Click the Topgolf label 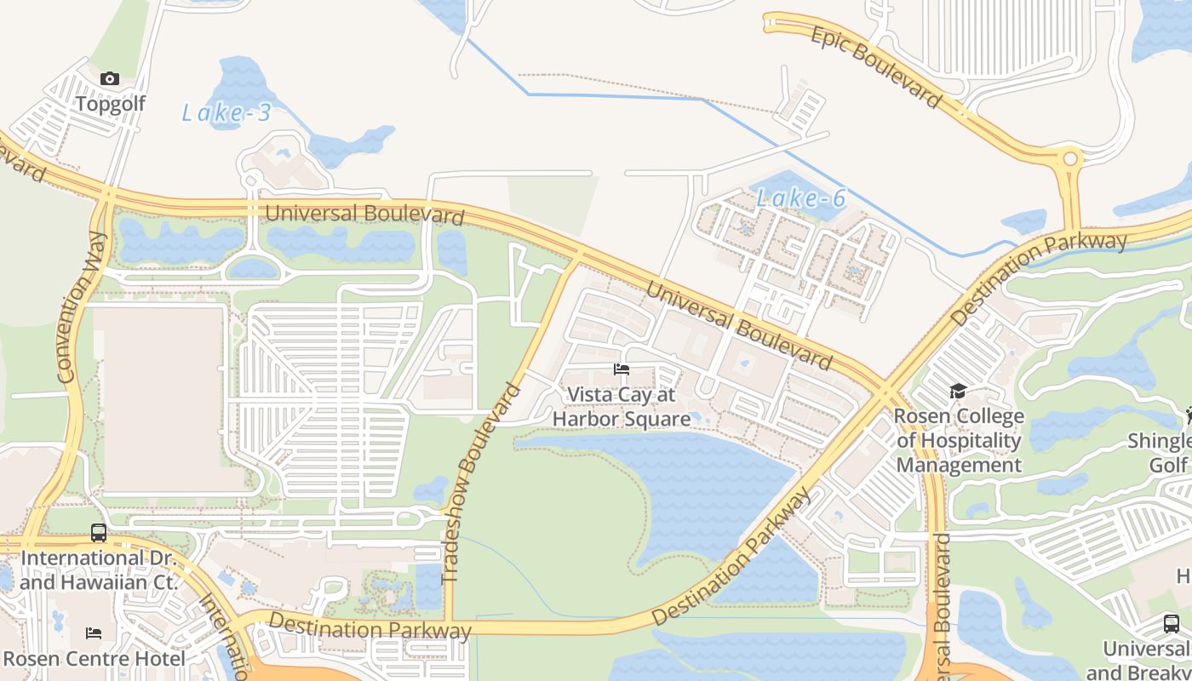tap(110, 104)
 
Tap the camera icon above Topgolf tap(110, 79)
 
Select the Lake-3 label tap(226, 112)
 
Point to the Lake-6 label tap(800, 199)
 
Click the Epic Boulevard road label tap(876, 67)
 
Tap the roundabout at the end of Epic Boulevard tap(1070, 158)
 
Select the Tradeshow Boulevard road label tap(481, 483)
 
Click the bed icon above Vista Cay tap(622, 369)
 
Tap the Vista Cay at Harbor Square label tap(622, 407)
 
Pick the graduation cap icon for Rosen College tap(958, 392)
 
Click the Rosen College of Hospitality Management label tap(959, 441)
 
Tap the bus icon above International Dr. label tap(99, 533)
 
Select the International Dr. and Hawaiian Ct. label tap(99, 570)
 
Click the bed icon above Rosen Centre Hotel tap(94, 633)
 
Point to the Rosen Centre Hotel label tap(94, 659)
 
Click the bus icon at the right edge tap(1172, 623)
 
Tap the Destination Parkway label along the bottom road tap(370, 627)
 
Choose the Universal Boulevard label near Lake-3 tap(364, 214)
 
